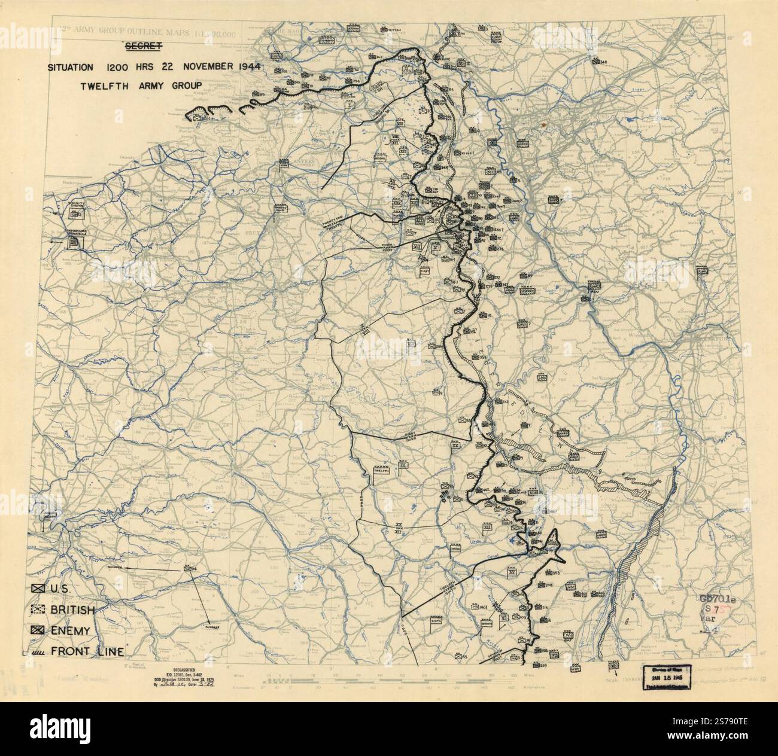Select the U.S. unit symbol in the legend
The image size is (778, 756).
41,589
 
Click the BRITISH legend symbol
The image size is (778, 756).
41,609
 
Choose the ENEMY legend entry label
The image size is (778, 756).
74,630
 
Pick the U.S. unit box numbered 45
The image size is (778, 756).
458,656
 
